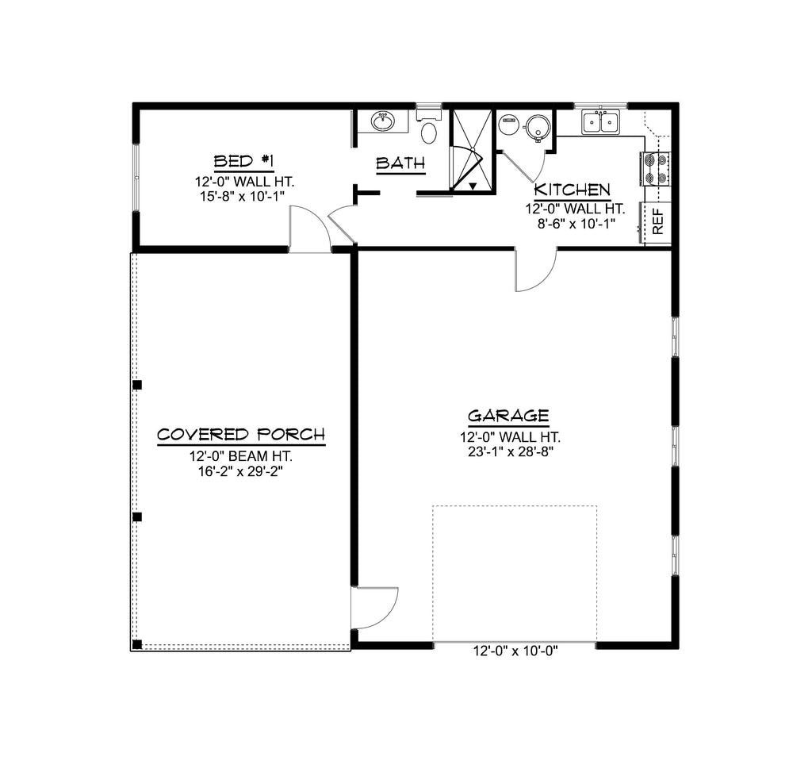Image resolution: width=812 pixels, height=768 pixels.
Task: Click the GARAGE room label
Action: click(x=508, y=416)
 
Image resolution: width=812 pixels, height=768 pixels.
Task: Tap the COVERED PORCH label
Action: click(x=241, y=434)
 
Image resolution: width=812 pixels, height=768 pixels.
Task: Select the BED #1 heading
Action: click(x=244, y=161)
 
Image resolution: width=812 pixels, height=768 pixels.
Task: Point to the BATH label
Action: click(x=400, y=163)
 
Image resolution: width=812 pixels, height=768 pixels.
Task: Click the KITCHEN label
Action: click(x=573, y=190)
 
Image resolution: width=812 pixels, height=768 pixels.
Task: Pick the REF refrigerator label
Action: click(x=657, y=221)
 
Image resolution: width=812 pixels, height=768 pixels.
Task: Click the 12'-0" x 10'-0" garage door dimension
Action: click(x=515, y=651)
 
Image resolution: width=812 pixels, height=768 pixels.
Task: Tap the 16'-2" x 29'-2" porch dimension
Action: click(x=241, y=471)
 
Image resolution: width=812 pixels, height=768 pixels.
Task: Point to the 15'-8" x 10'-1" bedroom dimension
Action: click(x=243, y=196)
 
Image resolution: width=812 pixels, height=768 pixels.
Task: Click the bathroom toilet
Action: click(x=428, y=127)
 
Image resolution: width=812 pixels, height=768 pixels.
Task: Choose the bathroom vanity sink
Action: click(x=383, y=121)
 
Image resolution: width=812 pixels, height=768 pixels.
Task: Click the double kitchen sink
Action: click(x=600, y=122)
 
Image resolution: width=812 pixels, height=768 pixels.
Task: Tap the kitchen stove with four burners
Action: click(x=655, y=169)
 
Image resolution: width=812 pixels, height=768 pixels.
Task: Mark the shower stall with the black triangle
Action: click(x=470, y=150)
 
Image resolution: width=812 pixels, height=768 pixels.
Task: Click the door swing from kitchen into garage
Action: click(x=536, y=270)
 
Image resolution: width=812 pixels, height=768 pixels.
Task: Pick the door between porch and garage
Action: click(x=374, y=609)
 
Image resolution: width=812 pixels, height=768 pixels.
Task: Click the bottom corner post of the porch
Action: click(x=137, y=644)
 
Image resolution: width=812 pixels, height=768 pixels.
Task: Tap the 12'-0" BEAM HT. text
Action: click(x=241, y=456)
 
